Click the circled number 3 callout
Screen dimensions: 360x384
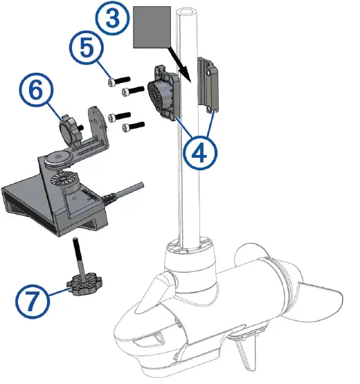(112, 19)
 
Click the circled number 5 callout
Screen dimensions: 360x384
(87, 48)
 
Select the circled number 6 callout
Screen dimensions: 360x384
(36, 90)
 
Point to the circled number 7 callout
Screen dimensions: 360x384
(33, 301)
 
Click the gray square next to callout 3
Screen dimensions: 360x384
(152, 27)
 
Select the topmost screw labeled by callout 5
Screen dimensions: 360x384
(118, 82)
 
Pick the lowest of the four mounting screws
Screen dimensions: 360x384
(133, 127)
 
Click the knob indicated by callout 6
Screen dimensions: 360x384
(70, 130)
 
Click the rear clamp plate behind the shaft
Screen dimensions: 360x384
(208, 84)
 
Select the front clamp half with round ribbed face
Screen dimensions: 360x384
(163, 93)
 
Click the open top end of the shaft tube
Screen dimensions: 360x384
(187, 12)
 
